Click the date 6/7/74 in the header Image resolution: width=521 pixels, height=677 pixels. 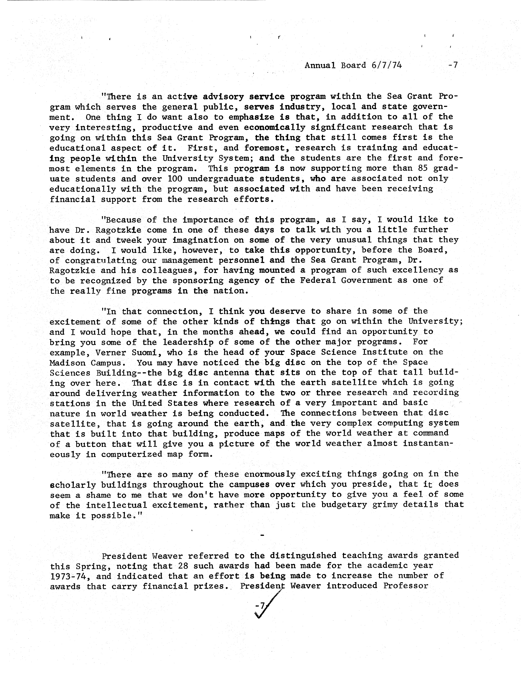[386, 65]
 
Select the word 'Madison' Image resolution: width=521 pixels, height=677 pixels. [67, 363]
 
